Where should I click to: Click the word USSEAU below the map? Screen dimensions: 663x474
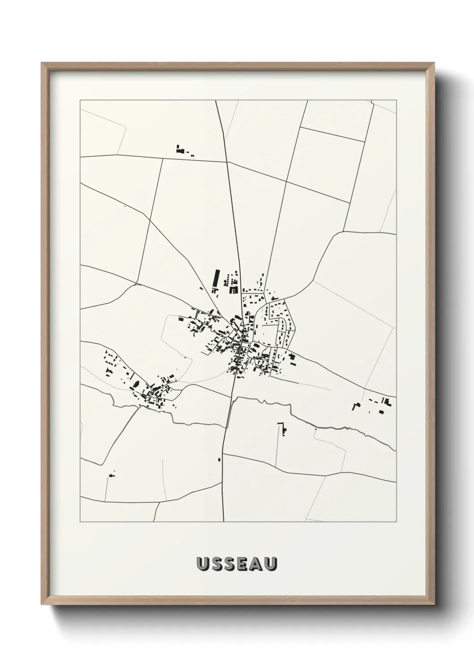tap(237, 564)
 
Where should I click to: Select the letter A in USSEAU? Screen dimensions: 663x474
tap(257, 564)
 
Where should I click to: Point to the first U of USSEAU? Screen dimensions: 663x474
tap(203, 564)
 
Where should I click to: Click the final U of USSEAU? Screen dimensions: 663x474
tap(271, 564)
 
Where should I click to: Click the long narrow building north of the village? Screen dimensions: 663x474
tap(217, 278)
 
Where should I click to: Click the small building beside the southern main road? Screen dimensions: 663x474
tap(219, 459)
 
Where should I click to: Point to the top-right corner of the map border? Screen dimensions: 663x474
tap(396, 100)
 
